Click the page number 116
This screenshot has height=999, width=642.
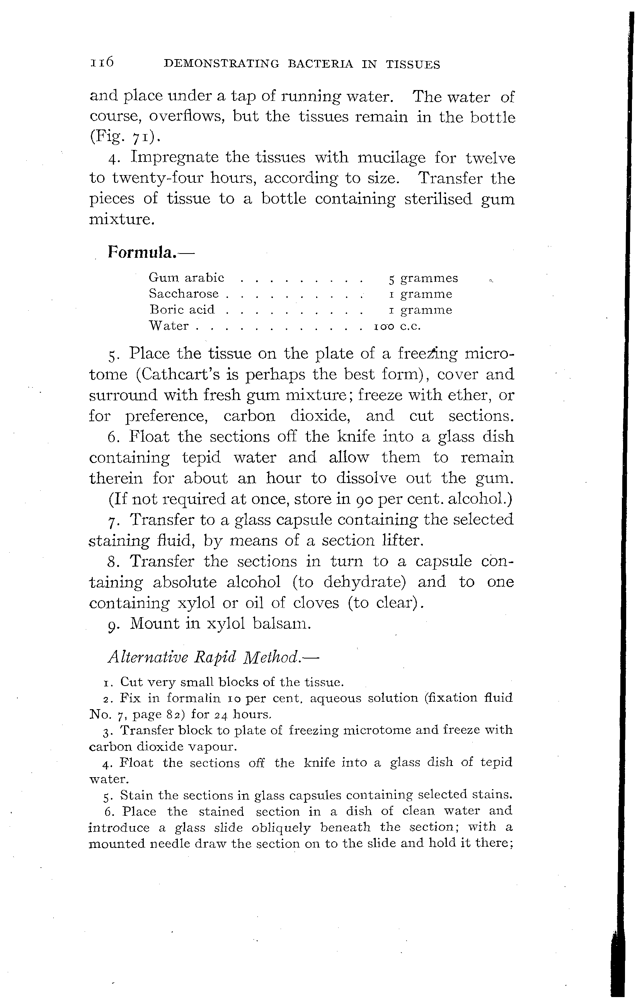[102, 63]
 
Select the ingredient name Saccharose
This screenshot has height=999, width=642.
[184, 294]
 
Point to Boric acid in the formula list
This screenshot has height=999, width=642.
[182, 310]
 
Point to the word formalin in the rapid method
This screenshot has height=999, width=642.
[193, 698]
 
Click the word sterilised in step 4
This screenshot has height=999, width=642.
[438, 199]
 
